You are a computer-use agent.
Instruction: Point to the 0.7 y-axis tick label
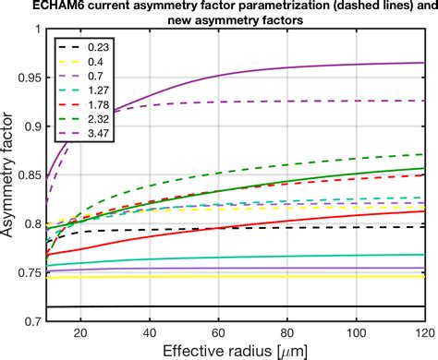(x=30, y=321)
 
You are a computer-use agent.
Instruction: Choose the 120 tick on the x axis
(x=423, y=334)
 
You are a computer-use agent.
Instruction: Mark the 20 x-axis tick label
(x=79, y=334)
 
